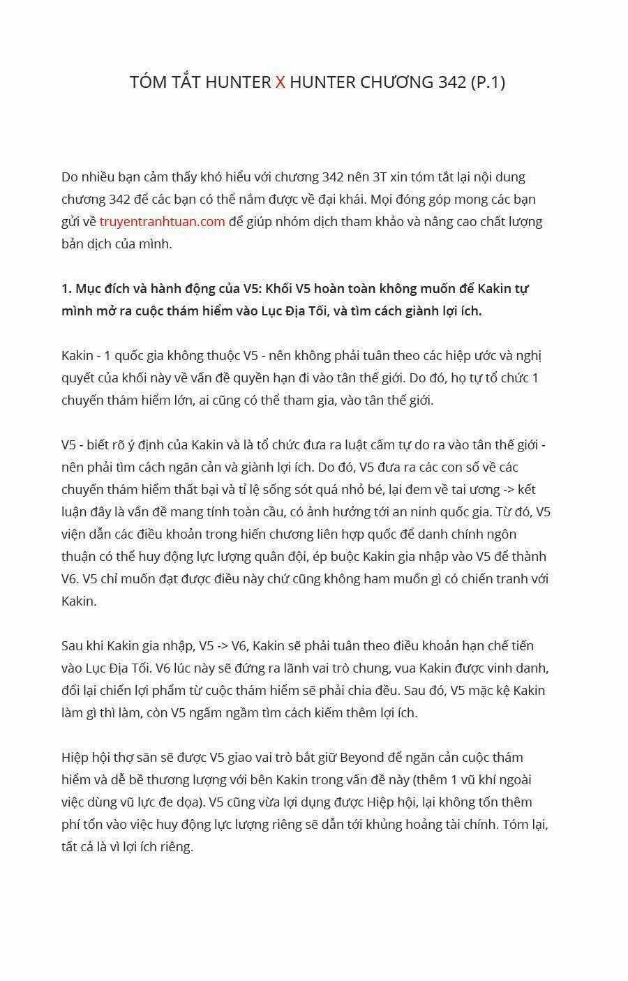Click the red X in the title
coord(280,82)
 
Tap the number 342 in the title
coord(454,82)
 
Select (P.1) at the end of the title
coord(488,82)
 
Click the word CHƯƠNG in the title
coord(396,82)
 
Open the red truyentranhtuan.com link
coord(162,222)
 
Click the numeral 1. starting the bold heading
coord(66,289)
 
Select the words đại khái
coord(341,200)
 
